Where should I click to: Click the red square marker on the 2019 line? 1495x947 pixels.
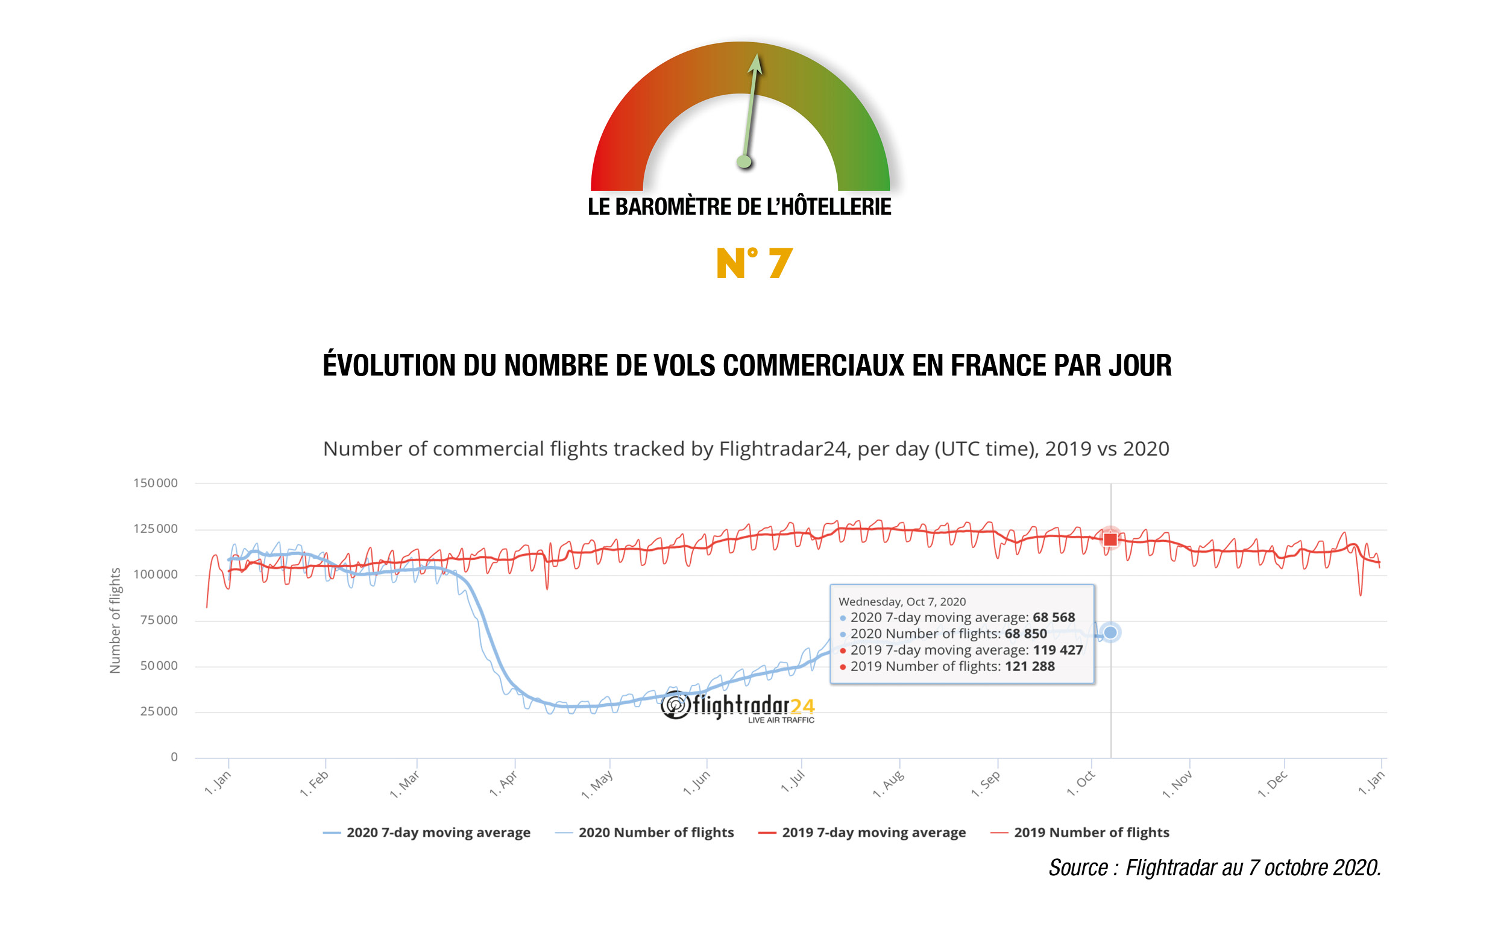click(x=1110, y=539)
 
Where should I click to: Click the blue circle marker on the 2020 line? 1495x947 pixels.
click(x=1110, y=632)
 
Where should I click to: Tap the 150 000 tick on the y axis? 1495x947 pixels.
click(x=155, y=482)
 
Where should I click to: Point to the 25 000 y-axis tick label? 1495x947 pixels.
click(x=159, y=711)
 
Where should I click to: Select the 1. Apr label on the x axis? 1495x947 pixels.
click(x=503, y=783)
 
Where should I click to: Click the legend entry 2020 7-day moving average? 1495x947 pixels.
click(x=438, y=832)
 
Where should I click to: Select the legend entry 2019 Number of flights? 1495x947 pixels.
click(x=1091, y=832)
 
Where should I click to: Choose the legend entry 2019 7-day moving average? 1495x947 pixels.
click(x=873, y=832)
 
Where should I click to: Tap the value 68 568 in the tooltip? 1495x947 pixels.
click(x=1054, y=617)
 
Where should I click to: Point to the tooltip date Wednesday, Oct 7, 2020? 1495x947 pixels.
click(x=901, y=601)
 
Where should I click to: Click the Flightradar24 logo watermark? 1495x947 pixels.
click(x=738, y=706)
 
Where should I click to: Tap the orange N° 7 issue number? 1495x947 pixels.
click(x=754, y=263)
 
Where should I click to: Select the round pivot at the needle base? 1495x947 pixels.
click(x=744, y=162)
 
